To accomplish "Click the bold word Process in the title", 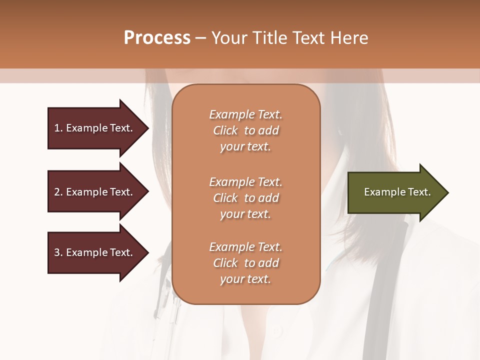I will [x=157, y=38].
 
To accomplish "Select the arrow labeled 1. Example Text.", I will [x=95, y=128].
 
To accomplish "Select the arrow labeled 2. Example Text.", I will [x=95, y=192].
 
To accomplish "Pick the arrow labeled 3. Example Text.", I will [x=95, y=252].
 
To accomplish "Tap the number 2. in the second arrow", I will [x=58, y=192].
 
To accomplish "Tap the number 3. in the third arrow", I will [x=58, y=252].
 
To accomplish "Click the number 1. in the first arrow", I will [x=58, y=128].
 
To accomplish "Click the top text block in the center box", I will [x=245, y=130].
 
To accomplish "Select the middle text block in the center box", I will [x=245, y=198].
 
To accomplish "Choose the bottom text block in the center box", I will [x=245, y=263].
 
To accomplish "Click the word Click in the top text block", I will [x=225, y=130].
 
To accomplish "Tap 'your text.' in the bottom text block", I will [x=245, y=279].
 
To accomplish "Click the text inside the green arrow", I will [x=397, y=192].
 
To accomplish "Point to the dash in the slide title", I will [x=200, y=38].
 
